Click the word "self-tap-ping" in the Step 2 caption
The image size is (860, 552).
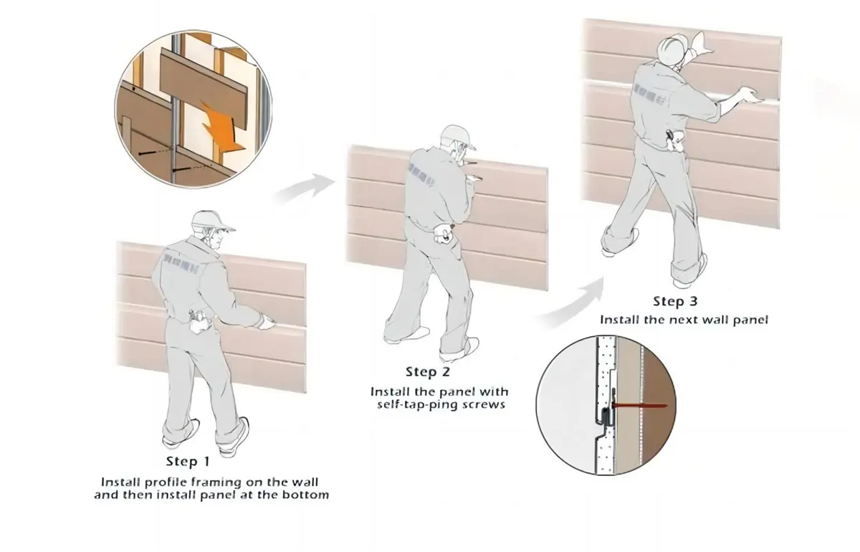[413, 405]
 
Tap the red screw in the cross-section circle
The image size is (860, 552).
[638, 406]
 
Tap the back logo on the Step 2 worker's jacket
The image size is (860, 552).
[419, 172]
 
